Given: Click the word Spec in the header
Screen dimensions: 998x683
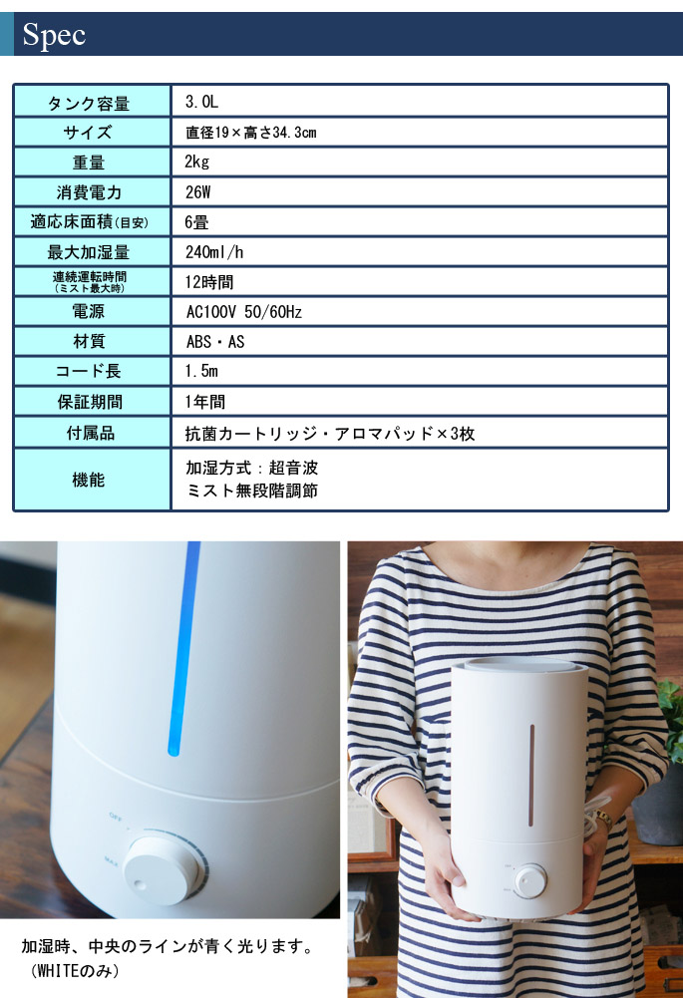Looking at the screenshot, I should pos(55,36).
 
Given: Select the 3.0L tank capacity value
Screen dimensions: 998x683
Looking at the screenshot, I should pos(201,102).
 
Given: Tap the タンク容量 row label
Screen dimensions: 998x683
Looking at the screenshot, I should pos(89,103).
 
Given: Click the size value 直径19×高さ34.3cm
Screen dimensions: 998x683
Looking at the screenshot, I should pos(250,132).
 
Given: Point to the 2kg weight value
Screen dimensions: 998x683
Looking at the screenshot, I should pos(197,162).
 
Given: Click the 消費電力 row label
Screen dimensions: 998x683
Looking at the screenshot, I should pos(89,192).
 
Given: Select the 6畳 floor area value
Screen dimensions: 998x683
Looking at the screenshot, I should pos(196,221).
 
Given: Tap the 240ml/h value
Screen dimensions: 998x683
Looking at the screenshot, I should pos(214,251).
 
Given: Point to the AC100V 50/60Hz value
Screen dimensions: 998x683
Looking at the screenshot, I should pos(243,311).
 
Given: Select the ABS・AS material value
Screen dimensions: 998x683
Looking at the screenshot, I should pos(215,341).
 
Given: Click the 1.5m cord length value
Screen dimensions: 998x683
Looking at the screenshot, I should pos(201,371).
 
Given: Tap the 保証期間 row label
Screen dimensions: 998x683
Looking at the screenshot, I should pos(89,402).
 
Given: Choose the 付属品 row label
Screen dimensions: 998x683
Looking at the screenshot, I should pos(89,433).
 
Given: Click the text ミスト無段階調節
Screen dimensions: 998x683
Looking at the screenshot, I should pos(251,491).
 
